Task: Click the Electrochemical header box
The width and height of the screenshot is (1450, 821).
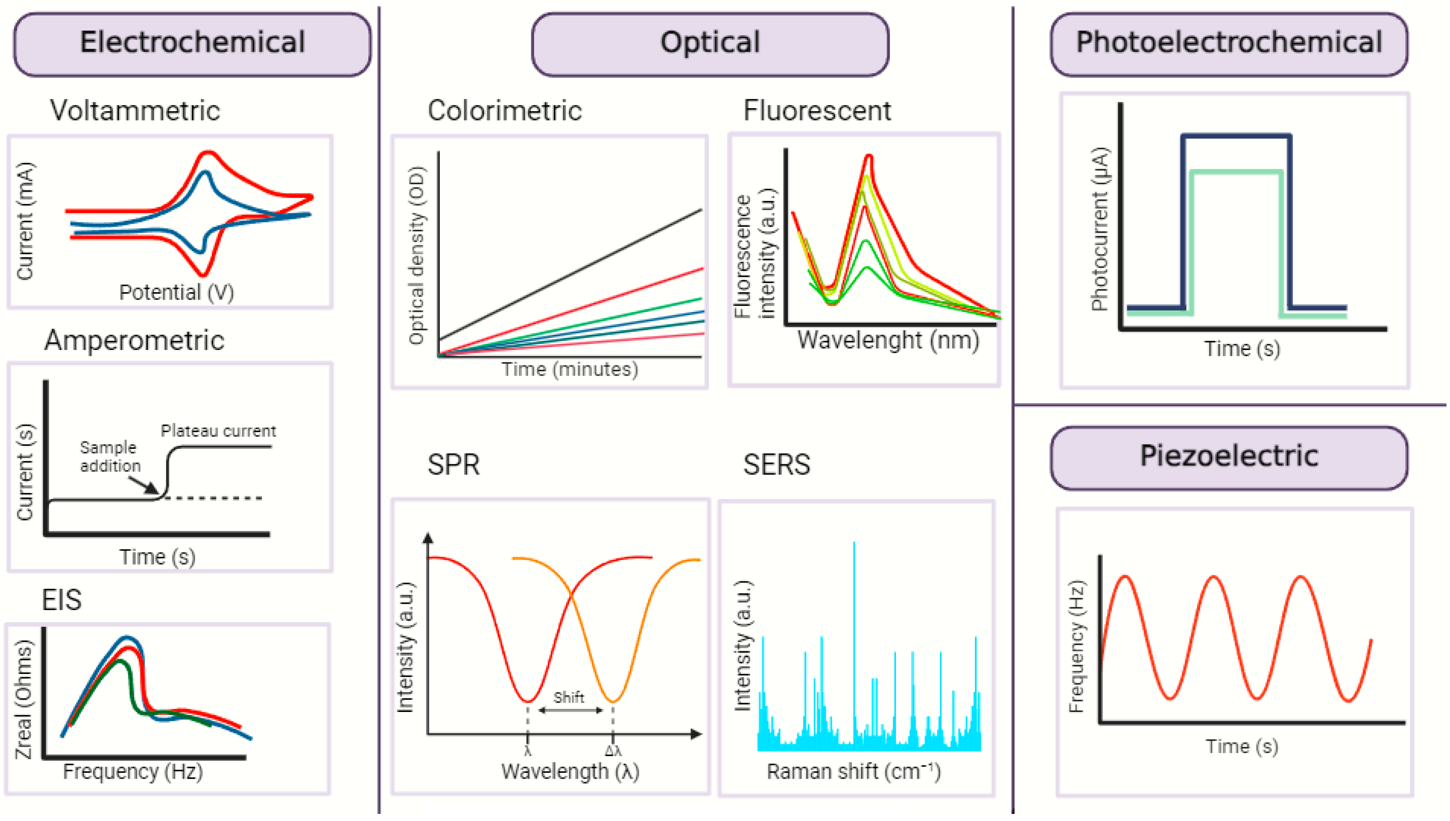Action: click(x=192, y=44)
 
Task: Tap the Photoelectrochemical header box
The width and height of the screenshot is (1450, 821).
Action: click(x=1229, y=44)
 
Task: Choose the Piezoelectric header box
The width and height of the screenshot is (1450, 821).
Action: click(x=1229, y=457)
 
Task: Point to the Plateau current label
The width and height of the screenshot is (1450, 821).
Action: click(x=218, y=431)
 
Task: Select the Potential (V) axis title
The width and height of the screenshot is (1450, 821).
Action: click(x=176, y=292)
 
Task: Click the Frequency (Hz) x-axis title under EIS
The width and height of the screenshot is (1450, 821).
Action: click(x=133, y=772)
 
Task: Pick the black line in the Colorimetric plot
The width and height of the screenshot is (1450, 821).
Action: click(x=569, y=275)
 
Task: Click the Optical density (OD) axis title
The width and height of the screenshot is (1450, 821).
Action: click(x=416, y=255)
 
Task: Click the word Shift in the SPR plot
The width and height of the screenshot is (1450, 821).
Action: click(x=568, y=697)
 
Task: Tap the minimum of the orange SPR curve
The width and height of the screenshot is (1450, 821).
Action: click(x=613, y=701)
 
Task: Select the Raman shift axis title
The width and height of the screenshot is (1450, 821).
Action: click(x=853, y=772)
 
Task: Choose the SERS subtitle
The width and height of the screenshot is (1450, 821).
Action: click(x=776, y=465)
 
